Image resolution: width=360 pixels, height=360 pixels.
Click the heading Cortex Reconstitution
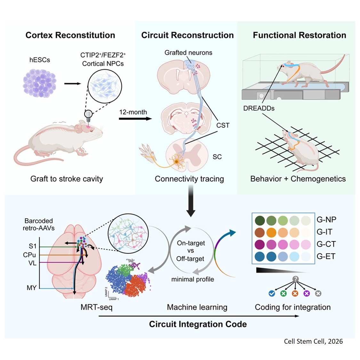(70, 35)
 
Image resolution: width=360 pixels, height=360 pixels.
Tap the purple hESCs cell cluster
(40, 83)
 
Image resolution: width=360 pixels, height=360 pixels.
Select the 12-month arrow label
(133, 112)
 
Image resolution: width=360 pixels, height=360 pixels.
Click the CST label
(223, 125)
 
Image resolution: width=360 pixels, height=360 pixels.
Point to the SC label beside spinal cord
(217, 157)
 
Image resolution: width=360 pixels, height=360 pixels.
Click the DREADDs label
(259, 108)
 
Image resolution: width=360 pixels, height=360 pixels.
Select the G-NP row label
(326, 220)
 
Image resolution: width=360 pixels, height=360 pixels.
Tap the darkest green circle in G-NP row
(260, 220)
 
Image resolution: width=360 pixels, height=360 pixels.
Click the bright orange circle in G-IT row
(271, 232)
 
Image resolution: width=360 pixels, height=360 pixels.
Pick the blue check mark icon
(272, 293)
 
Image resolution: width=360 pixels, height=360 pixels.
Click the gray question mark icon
(295, 279)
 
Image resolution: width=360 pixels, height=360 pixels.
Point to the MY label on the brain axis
(31, 288)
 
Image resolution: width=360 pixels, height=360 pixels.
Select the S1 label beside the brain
(33, 246)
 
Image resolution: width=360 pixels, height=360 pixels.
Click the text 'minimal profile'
(193, 279)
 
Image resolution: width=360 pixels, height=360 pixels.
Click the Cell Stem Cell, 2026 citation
(313, 341)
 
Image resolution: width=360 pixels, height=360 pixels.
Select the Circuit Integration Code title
(198, 324)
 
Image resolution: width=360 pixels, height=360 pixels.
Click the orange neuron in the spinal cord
(176, 162)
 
